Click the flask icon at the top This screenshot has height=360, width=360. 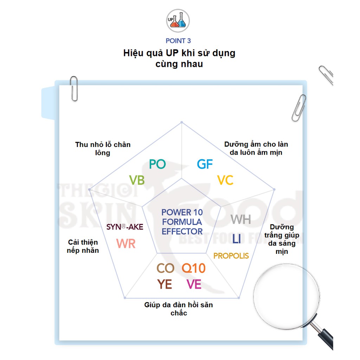pyautogui.click(x=178, y=21)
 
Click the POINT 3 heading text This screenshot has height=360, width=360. pyautogui.click(x=178, y=41)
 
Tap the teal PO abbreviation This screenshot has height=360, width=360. pyautogui.click(x=157, y=164)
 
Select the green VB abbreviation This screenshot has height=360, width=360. pyautogui.click(x=137, y=180)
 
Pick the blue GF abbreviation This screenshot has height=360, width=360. pyautogui.click(x=205, y=164)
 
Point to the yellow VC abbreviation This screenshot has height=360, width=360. pyautogui.click(x=225, y=180)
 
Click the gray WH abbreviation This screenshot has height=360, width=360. pyautogui.click(x=240, y=219)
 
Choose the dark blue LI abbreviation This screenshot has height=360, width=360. pyautogui.click(x=237, y=239)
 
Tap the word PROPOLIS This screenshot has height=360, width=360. pyautogui.click(x=231, y=256)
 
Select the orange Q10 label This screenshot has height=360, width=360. pyautogui.click(x=194, y=268)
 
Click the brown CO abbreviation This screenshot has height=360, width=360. pyautogui.click(x=165, y=268)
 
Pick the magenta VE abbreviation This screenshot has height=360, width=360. pyautogui.click(x=194, y=284)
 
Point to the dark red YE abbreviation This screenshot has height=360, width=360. pyautogui.click(x=165, y=284)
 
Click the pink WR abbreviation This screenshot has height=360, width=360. pyautogui.click(x=126, y=244)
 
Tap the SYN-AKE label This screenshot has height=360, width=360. pyautogui.click(x=125, y=227)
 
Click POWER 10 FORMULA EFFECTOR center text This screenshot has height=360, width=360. pyautogui.click(x=182, y=222)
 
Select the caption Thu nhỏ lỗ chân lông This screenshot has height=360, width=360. pyautogui.click(x=103, y=149)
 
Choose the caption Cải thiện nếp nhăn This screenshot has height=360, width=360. pyautogui.click(x=83, y=246)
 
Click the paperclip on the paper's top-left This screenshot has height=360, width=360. pyautogui.click(x=74, y=89)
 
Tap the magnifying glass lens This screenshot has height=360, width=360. pyautogui.click(x=287, y=297)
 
